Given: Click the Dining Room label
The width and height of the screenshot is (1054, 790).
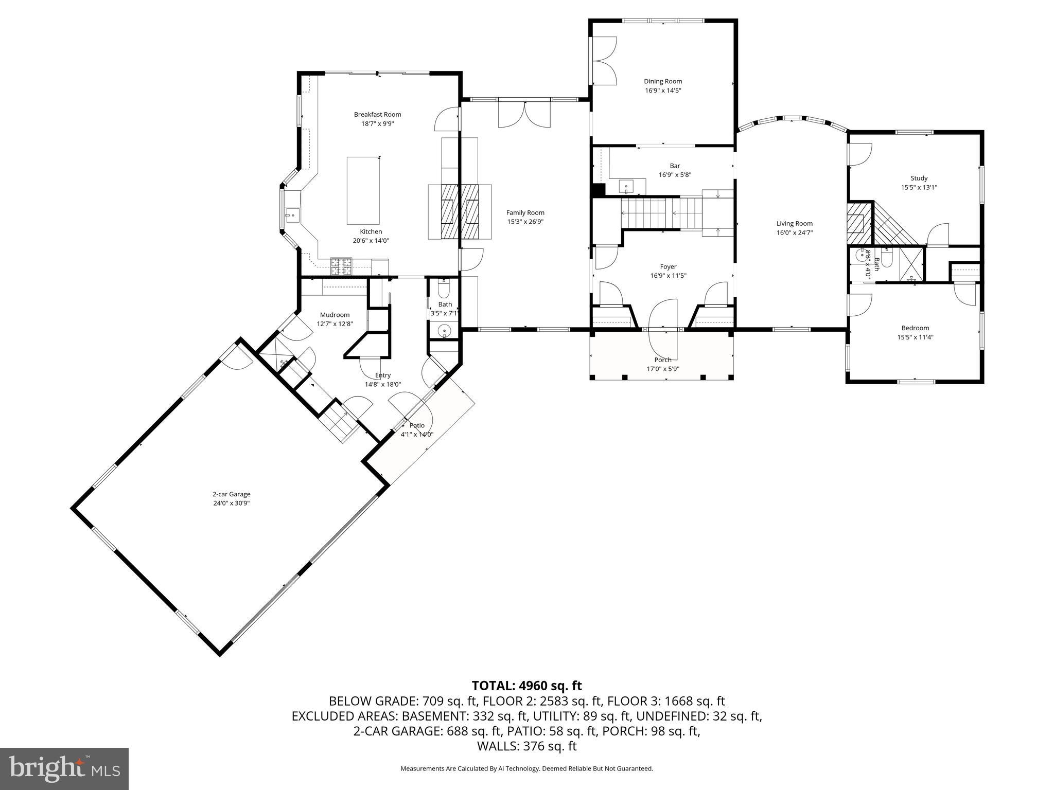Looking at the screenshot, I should coord(663,81).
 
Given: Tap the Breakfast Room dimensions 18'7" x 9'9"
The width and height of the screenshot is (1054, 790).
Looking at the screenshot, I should coord(377,124).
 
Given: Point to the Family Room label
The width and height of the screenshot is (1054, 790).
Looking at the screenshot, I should coord(525,212).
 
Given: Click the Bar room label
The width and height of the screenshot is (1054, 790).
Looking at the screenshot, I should coord(675,166).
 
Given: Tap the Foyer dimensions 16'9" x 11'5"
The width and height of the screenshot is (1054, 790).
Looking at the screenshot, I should coord(668,276).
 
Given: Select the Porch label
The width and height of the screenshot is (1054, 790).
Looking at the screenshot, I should coord(663,360).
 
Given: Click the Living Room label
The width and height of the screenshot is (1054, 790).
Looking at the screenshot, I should coord(794,223).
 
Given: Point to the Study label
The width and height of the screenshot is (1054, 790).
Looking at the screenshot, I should coord(919,178).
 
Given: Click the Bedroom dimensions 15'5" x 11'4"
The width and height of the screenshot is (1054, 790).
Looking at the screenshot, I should coord(915,337).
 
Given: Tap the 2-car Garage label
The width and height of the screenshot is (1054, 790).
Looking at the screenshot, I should coord(232,494).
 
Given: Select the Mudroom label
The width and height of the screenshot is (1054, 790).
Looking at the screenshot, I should coord(335,315).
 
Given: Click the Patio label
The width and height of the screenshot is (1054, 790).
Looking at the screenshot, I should coord(417,425).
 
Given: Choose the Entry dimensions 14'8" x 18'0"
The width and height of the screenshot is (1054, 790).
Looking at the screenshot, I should coord(383,384).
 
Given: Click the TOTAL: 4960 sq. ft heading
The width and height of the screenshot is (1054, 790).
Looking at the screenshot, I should coord(526,686).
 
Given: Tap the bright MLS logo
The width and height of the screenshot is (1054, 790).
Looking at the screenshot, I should coord(64,768).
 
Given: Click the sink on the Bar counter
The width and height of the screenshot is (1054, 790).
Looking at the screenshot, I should coord(626,185).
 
